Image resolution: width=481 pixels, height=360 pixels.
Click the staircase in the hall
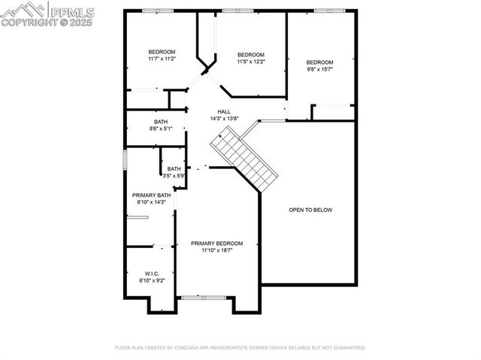[245, 159]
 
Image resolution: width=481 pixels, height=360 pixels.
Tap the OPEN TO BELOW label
[310, 210]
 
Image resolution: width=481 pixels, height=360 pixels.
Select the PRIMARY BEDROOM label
[216, 243]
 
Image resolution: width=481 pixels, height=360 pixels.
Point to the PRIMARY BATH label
[152, 195]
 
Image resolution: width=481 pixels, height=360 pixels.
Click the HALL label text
[224, 111]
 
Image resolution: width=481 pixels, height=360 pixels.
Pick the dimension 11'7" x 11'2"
[162, 59]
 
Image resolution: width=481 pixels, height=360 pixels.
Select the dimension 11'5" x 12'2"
[251, 62]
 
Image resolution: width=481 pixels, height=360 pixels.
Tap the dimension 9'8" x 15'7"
[319, 69]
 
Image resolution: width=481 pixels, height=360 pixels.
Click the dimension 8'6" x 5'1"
[161, 129]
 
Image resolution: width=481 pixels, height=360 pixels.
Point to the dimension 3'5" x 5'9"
[174, 176]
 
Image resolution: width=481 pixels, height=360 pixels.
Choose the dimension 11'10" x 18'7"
[216, 250]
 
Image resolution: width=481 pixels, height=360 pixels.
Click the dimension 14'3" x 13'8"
[224, 118]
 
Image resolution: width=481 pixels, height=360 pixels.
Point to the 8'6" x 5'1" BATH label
[161, 122]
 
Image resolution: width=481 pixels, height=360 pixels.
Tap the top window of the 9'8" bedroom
[325, 11]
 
